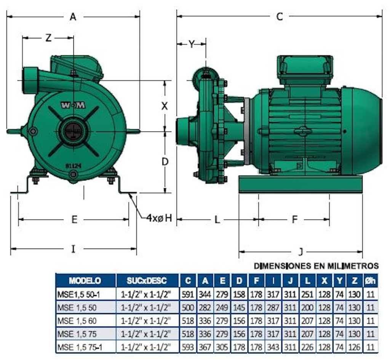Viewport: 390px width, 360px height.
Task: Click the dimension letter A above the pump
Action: [73, 17]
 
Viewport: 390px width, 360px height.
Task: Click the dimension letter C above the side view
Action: [280, 17]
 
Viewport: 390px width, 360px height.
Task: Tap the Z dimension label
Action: [48, 38]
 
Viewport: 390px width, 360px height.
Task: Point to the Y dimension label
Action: [192, 45]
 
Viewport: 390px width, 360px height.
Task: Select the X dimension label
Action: [165, 106]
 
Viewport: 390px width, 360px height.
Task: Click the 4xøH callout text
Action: [160, 218]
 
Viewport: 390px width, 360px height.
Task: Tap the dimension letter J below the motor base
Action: [300, 252]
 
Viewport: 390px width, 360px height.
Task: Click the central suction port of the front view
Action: [74, 131]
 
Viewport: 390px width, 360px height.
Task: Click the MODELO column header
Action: [85, 281]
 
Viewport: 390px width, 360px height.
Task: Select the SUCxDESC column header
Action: [147, 281]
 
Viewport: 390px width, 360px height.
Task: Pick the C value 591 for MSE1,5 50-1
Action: [188, 294]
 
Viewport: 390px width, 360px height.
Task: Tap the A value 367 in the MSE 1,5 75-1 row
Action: [205, 347]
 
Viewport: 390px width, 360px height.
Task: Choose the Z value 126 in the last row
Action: [355, 347]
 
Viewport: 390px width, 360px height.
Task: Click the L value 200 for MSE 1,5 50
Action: [307, 307]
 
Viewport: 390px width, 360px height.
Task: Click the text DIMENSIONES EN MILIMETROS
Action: [316, 266]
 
